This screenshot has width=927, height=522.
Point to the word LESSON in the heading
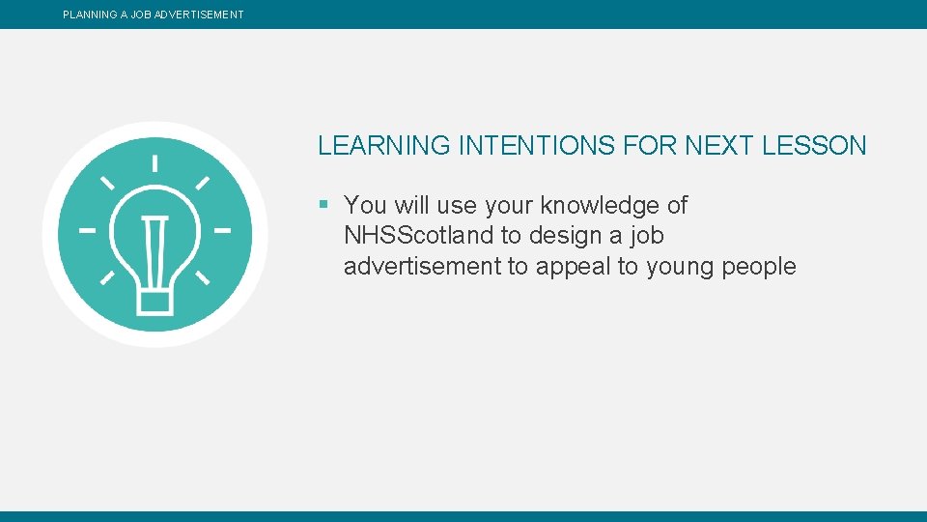814,146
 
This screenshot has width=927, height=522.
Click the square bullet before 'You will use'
324,205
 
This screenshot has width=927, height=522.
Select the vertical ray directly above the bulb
154,163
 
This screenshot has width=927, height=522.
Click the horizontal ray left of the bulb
88,231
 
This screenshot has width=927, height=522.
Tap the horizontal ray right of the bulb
222,231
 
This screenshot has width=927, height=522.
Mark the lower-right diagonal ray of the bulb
203,278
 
